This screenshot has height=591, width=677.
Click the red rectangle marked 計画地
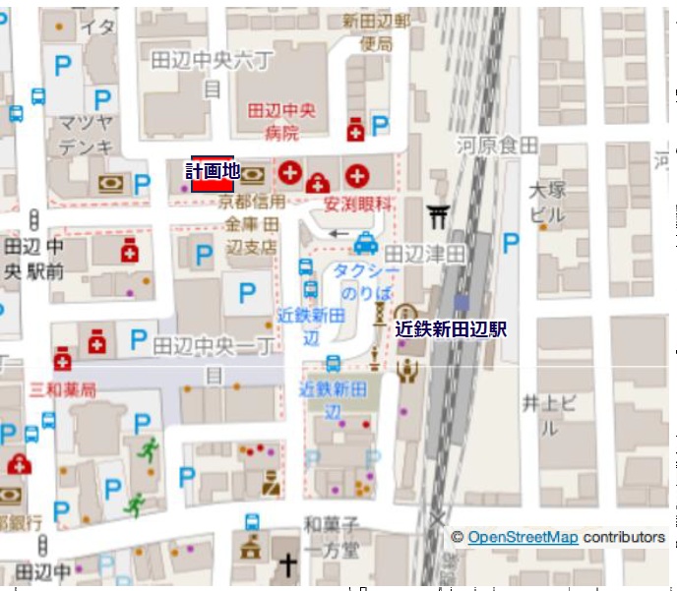click(212, 175)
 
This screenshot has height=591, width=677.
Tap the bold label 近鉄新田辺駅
click(451, 329)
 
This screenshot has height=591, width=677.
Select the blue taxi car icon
click(365, 241)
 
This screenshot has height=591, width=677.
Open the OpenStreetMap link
click(522, 537)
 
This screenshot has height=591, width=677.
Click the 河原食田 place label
click(503, 147)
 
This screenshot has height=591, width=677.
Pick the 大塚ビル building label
click(547, 202)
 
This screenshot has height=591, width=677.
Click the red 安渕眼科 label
click(358, 205)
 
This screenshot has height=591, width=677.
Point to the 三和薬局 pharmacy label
click(63, 390)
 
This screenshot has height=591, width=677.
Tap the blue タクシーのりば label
click(366, 282)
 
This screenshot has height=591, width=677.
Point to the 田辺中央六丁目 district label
click(213, 73)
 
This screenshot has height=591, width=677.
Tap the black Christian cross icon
click(287, 565)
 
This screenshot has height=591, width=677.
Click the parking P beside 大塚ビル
click(511, 243)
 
